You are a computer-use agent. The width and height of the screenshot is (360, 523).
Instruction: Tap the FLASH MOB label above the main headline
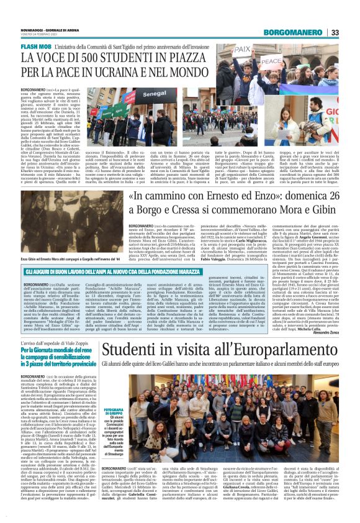coord(36,47)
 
